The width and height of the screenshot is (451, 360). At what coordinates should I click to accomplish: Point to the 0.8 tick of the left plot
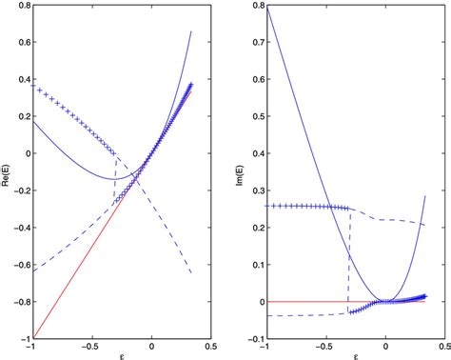coord(20,6)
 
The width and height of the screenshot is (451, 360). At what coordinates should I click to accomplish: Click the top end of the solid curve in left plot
coord(191,31)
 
